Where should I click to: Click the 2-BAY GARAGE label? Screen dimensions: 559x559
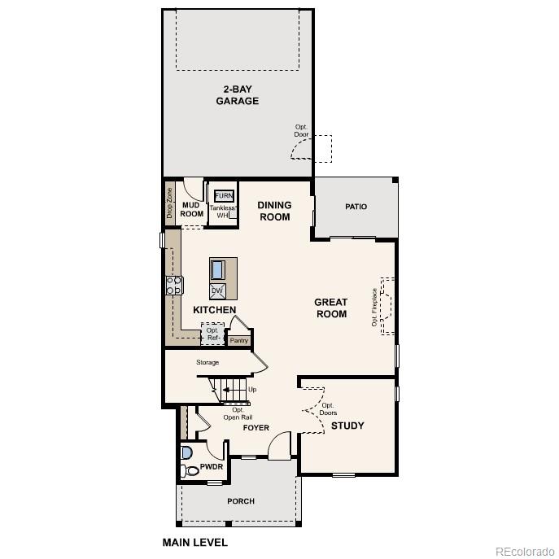click(x=237, y=95)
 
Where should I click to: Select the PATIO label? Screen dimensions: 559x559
click(x=356, y=207)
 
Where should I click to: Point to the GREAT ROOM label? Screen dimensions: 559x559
click(x=330, y=308)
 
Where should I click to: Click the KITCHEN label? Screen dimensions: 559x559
click(x=214, y=310)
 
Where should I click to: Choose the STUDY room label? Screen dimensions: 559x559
click(x=347, y=426)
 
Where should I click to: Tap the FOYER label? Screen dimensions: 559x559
click(x=255, y=428)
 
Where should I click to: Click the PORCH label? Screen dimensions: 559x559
click(x=241, y=501)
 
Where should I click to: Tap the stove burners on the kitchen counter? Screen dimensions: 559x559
click(x=174, y=285)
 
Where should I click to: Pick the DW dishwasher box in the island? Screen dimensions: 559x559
click(x=217, y=290)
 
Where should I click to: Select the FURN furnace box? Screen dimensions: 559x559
click(x=223, y=196)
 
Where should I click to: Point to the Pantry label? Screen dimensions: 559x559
click(x=238, y=341)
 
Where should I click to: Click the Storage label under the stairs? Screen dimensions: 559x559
click(x=207, y=362)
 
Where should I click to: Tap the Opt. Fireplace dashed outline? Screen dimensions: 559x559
click(x=387, y=306)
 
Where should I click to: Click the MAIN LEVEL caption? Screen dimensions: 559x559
click(x=194, y=542)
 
